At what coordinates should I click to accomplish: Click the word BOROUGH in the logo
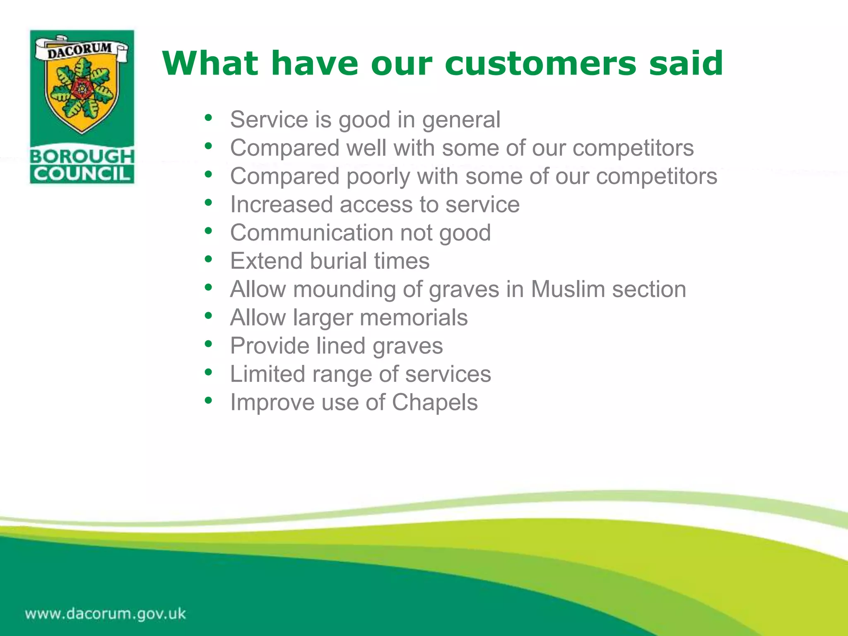tap(82, 157)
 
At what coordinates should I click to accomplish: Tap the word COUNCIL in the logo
tap(82, 174)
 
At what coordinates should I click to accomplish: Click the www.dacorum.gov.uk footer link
tap(105, 614)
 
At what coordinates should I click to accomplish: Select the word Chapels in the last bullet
tap(435, 402)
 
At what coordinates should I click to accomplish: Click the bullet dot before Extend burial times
tap(208, 259)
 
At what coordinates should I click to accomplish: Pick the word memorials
tap(413, 318)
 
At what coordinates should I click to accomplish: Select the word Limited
tap(267, 374)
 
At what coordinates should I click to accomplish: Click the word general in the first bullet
tap(461, 120)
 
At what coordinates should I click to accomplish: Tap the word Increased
tap(281, 205)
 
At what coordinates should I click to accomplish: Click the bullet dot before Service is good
tap(208, 118)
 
